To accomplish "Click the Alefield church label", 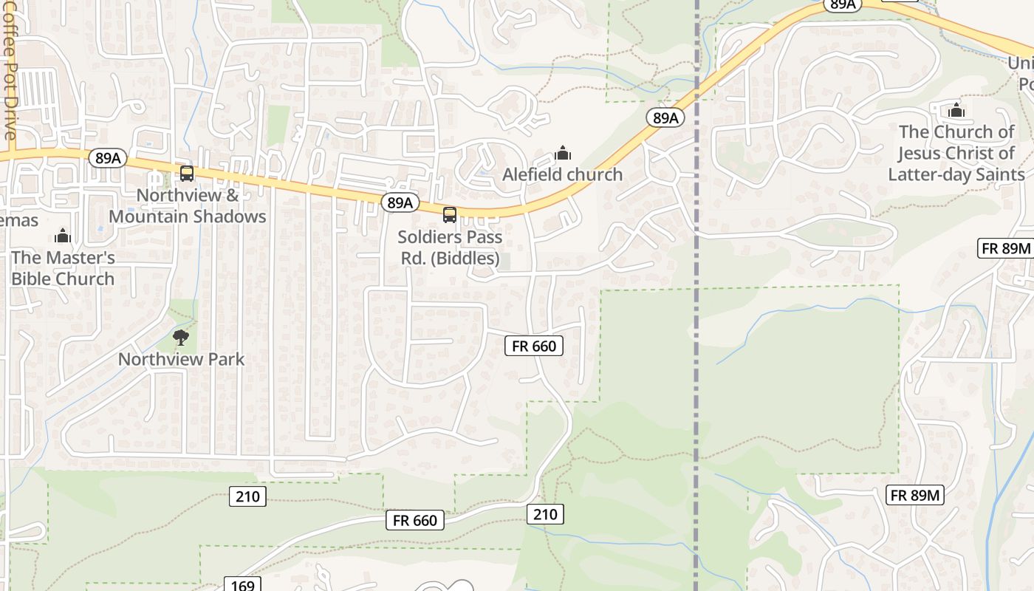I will click(563, 174).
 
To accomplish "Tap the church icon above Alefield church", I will click(563, 154).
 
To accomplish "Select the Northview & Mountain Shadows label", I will click(188, 206).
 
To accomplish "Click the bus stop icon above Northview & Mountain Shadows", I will click(187, 174).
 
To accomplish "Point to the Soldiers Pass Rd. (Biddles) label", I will click(450, 248).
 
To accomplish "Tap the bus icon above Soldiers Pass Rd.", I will click(449, 215).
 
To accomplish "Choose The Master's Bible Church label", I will click(63, 268).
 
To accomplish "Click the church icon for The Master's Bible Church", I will click(63, 236).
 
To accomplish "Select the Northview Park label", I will click(181, 360).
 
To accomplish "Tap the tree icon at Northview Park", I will click(180, 338).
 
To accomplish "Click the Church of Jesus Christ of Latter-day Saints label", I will click(956, 153).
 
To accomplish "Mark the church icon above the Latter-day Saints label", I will click(956, 111).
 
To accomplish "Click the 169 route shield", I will click(242, 585).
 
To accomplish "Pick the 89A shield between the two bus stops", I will click(400, 202).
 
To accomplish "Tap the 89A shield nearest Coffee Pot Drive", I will click(107, 158).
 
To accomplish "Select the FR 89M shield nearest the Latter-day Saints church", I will click(1005, 248).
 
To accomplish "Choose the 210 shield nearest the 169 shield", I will click(247, 496).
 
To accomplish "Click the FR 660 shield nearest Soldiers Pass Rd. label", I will click(533, 346).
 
